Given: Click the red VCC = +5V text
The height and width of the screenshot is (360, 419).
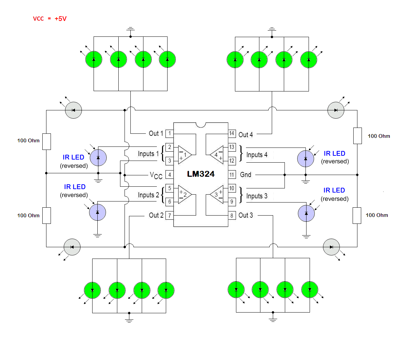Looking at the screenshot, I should (x=50, y=19).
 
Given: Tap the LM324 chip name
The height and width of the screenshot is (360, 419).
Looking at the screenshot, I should (x=201, y=174).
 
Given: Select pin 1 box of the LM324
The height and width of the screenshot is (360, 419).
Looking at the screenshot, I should (x=169, y=133).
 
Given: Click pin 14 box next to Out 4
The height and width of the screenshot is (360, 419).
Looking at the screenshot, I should (x=232, y=133).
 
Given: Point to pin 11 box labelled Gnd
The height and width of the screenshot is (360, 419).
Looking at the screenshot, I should (x=232, y=175).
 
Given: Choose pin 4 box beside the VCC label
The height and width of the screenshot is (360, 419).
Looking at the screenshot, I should (x=169, y=175).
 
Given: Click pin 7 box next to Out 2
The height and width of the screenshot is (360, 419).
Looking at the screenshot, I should (x=169, y=216).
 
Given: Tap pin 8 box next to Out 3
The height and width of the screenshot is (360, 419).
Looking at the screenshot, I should (x=232, y=216).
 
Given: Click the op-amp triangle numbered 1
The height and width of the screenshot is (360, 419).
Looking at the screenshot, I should (x=184, y=155).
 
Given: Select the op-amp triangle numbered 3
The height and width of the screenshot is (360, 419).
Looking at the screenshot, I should (x=217, y=195).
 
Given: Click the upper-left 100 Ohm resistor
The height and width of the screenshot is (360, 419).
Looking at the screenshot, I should (x=46, y=142).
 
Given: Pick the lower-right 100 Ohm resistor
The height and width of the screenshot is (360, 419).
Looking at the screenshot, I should (x=357, y=216).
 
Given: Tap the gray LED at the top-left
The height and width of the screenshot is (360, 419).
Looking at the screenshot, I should (x=74, y=110).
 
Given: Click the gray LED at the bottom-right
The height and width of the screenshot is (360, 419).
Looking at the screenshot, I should (x=331, y=247).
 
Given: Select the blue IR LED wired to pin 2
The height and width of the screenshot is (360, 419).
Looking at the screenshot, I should (x=98, y=158).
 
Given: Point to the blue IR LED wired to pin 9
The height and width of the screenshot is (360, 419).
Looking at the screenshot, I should (x=306, y=214).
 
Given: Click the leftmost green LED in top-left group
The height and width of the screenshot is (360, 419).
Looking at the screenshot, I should (x=94, y=59).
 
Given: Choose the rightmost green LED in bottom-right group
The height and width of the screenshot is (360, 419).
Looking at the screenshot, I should (x=310, y=290).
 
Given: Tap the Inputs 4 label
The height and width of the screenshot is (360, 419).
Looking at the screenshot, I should (x=257, y=155).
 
